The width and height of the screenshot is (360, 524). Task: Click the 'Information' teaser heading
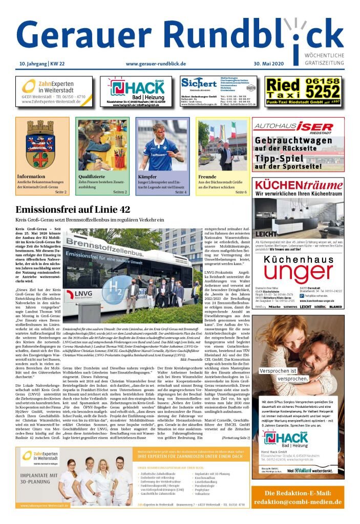31,177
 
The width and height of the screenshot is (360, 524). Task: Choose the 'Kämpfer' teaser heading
149,177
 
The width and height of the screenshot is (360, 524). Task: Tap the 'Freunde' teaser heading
207,177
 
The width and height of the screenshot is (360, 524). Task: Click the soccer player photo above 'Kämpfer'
162,145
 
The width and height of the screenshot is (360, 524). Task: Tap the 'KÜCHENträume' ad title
299,185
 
